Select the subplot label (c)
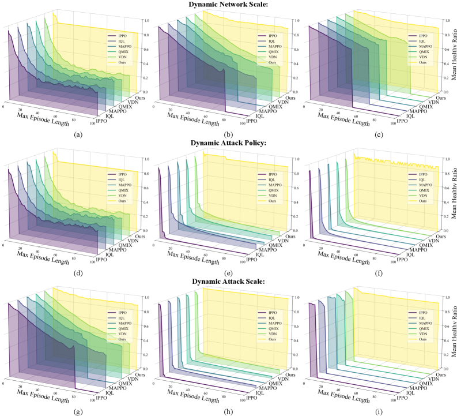379,135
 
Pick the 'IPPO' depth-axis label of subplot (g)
102,398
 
